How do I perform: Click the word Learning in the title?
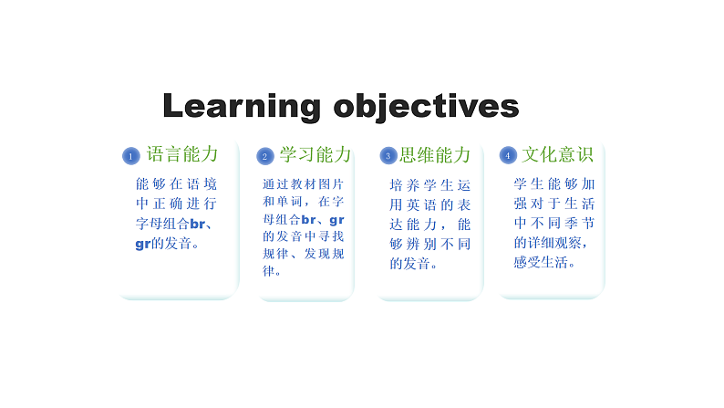tap(242, 107)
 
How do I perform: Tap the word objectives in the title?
tap(426, 107)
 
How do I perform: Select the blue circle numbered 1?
tap(131, 156)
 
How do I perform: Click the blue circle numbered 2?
tap(265, 156)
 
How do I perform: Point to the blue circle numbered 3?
tap(388, 156)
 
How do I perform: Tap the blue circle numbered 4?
tap(508, 155)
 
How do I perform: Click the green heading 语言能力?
tap(182, 154)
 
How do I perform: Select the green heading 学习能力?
tap(315, 155)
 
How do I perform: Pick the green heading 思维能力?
tap(435, 155)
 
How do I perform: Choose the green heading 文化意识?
tap(557, 154)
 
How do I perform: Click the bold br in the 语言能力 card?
tap(197, 225)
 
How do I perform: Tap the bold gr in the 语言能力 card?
tap(143, 244)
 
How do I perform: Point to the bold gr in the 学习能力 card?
tap(336, 220)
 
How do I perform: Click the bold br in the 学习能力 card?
tap(308, 219)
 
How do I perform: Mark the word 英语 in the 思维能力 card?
tap(421, 204)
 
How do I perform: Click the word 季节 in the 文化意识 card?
tap(580, 224)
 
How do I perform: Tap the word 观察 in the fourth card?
tap(568, 243)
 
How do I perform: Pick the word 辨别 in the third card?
tap(421, 244)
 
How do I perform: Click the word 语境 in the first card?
tap(202, 184)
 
